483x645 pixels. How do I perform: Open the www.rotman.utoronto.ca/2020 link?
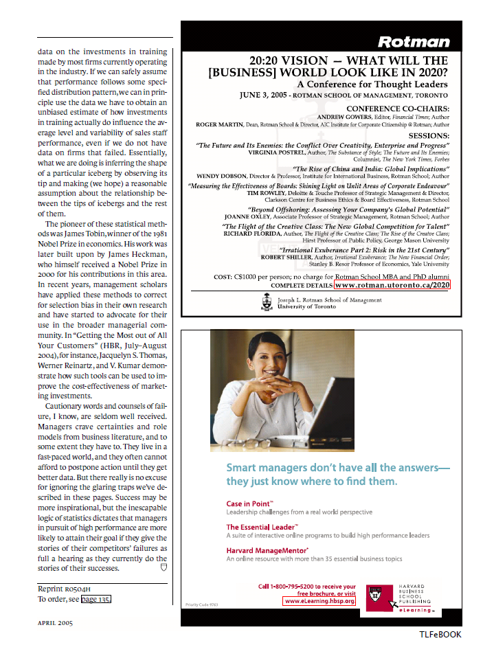(x=392, y=284)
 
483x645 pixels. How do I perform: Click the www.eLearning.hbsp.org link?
(x=319, y=600)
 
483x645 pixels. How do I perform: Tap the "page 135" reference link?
(x=96, y=599)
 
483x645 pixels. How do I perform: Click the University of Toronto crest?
(x=267, y=303)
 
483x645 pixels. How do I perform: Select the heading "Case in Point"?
(x=249, y=503)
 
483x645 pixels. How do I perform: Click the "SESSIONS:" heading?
(x=429, y=136)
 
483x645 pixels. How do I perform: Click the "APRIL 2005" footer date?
(x=55, y=623)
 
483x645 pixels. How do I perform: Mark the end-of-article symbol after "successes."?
(x=164, y=568)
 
